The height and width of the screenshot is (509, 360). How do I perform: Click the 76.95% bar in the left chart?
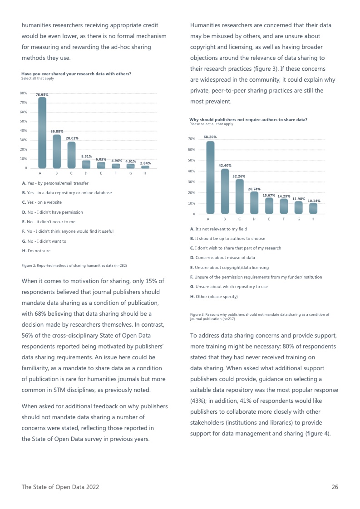(x=42, y=132)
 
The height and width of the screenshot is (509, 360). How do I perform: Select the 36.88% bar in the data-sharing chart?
(x=57, y=151)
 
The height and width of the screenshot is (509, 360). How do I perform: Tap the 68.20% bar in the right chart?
(x=210, y=177)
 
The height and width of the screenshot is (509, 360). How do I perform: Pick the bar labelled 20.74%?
(x=254, y=202)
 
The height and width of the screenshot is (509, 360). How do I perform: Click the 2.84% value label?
(x=145, y=163)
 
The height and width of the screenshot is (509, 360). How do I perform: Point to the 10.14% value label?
(x=314, y=201)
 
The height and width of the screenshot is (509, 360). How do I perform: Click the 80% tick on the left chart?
(x=23, y=93)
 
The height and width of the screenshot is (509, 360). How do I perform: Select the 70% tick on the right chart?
(x=192, y=139)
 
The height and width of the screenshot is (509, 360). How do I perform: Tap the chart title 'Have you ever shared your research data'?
(x=76, y=74)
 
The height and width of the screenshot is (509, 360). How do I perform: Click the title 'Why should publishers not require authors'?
(x=248, y=120)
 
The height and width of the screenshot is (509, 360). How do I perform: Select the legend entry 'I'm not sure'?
(x=36, y=250)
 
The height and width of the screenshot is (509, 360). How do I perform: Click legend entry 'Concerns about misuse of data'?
(x=222, y=258)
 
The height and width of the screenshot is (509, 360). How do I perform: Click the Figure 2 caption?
(x=74, y=265)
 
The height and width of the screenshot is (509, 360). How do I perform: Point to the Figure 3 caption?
(x=259, y=316)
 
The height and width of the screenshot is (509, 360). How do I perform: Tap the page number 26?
(x=335, y=487)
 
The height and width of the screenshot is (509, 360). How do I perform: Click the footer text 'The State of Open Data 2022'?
(x=60, y=487)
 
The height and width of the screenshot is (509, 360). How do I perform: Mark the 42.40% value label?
(x=225, y=166)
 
